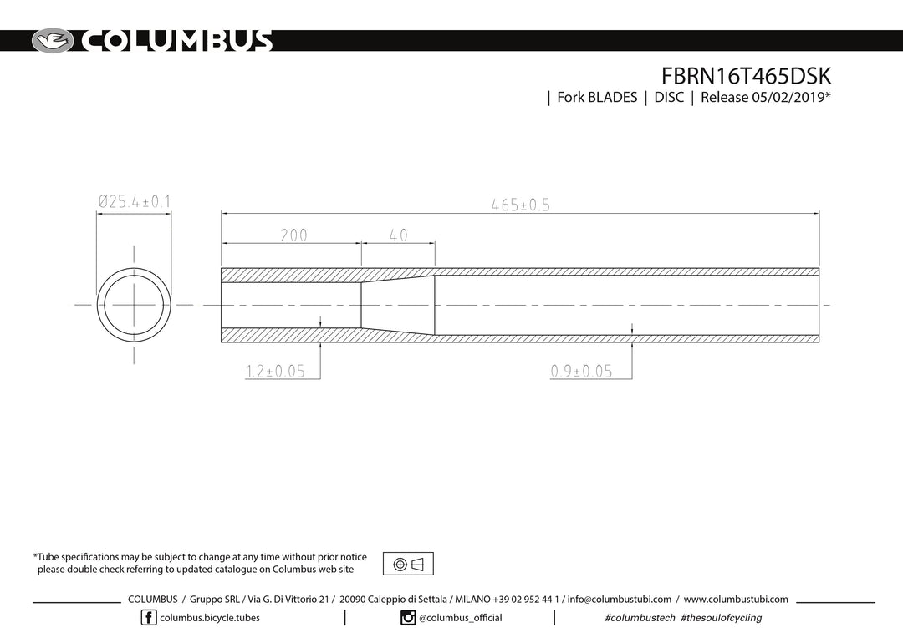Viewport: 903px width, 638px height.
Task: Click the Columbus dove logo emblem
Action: [x=53, y=41]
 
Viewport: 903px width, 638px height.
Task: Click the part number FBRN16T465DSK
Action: [x=746, y=76]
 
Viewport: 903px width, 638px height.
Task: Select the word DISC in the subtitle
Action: [x=669, y=97]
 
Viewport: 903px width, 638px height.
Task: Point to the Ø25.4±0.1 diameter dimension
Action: [x=134, y=202]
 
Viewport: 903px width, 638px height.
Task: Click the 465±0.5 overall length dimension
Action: [x=521, y=205]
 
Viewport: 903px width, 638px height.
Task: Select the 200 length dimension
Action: [x=293, y=235]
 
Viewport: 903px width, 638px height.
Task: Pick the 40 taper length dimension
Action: [x=398, y=235]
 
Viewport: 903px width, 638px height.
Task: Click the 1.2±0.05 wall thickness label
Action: [x=275, y=371]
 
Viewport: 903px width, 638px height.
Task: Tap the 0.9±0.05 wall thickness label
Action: [x=581, y=371]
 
